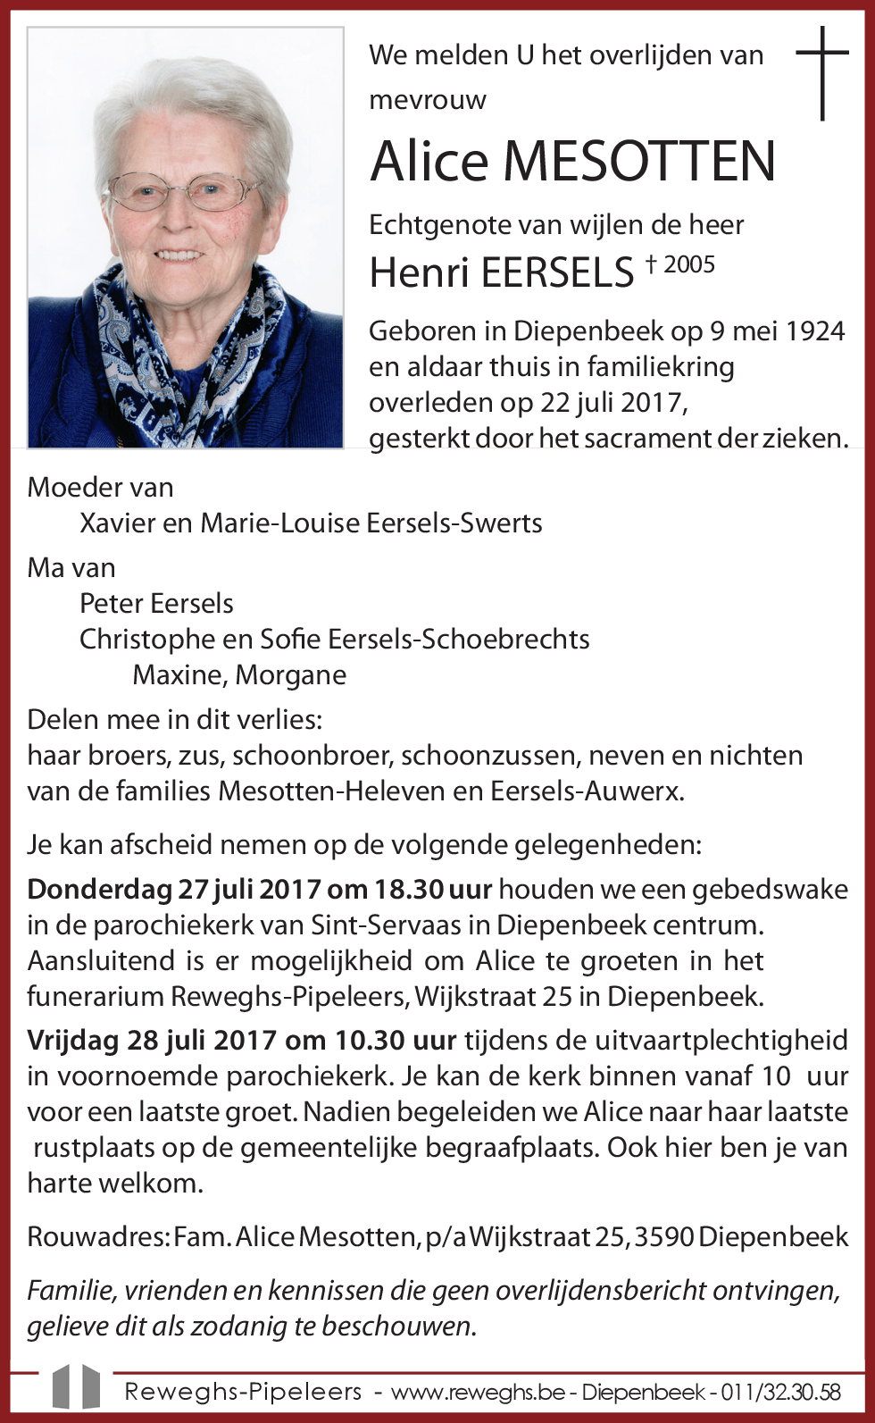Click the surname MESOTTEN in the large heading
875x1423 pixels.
point(639,162)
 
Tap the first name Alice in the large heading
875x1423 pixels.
point(429,162)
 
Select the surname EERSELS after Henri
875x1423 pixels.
point(557,272)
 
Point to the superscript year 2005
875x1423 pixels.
point(689,264)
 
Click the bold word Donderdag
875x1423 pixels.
point(98,890)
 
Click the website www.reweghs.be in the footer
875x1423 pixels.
point(478,1392)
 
